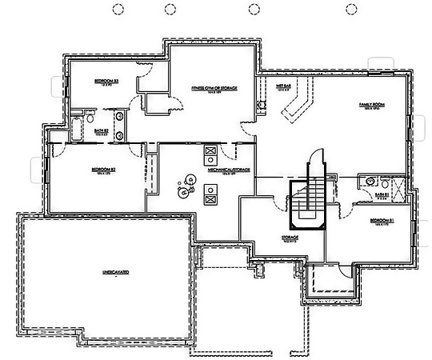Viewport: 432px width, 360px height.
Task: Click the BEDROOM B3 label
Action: [x=106, y=82]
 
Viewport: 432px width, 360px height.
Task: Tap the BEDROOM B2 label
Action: [x=104, y=170]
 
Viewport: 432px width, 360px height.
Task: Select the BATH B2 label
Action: [x=102, y=131]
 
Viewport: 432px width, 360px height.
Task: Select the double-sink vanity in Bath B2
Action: [x=118, y=128]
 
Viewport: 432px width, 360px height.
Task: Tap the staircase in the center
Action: [x=306, y=200]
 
